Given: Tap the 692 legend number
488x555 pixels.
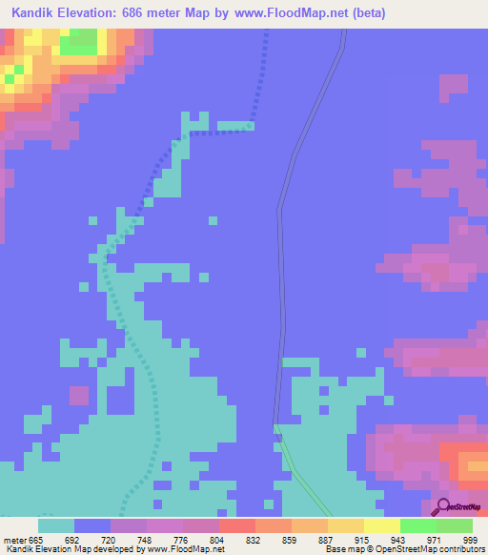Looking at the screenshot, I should [x=72, y=540].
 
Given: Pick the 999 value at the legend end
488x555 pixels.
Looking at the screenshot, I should [x=469, y=540].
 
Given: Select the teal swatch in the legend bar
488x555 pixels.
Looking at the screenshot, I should [x=56, y=525].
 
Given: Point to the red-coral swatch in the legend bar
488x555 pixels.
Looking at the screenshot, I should [x=236, y=525].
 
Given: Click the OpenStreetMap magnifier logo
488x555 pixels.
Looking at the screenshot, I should [x=441, y=506].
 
